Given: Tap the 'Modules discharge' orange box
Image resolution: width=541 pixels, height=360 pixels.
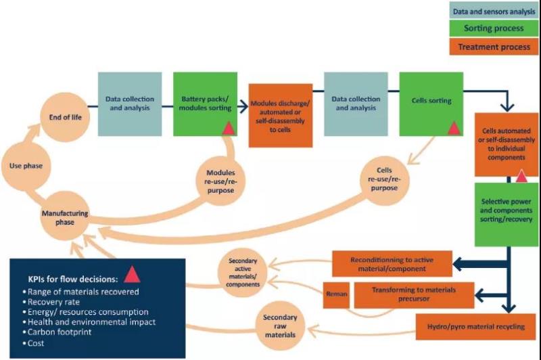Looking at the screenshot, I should [281, 115].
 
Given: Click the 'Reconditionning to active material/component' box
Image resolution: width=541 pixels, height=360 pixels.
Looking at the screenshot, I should [392, 263].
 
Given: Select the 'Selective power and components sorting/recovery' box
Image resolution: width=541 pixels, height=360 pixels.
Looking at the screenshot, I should [507, 210].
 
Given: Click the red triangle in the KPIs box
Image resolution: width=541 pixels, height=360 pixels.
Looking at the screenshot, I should [132, 273].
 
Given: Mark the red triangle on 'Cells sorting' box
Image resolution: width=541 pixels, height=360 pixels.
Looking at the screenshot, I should [454, 127].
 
